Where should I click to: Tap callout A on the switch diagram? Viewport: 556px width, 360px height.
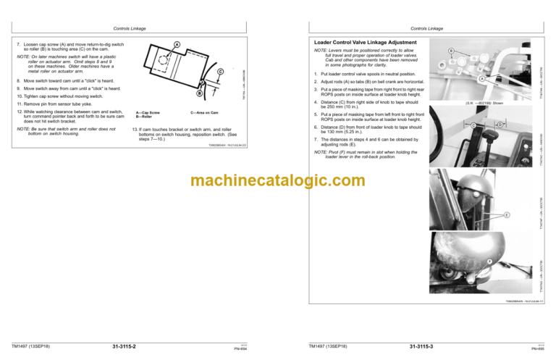(176, 44)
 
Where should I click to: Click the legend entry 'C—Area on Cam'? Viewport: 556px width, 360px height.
(205, 112)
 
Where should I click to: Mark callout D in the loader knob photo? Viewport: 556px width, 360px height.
(500, 125)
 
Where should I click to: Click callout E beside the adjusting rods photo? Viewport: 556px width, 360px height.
(506, 215)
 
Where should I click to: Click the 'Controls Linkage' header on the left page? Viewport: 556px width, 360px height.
(130, 28)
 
